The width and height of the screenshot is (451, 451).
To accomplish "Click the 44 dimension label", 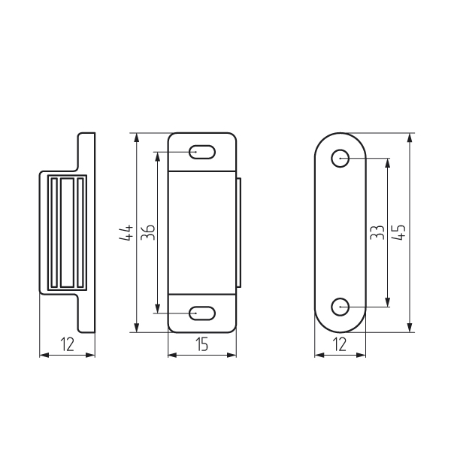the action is [126, 233].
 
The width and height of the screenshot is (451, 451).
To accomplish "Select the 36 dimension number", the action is [148, 232].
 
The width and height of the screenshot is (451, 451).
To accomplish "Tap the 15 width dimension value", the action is [202, 344].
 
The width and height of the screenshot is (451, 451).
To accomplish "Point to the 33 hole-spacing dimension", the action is [377, 232].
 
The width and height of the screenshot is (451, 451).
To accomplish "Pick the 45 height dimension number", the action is [398, 232].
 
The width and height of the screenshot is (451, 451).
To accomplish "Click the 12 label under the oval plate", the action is [340, 344].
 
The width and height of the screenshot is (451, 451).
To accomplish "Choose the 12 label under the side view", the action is [68, 344].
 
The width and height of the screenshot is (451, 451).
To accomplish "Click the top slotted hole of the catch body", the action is [202, 152].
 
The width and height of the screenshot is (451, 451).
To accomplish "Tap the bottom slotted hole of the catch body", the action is [202, 313].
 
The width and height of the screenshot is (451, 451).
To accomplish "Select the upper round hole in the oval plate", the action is [340, 158].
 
